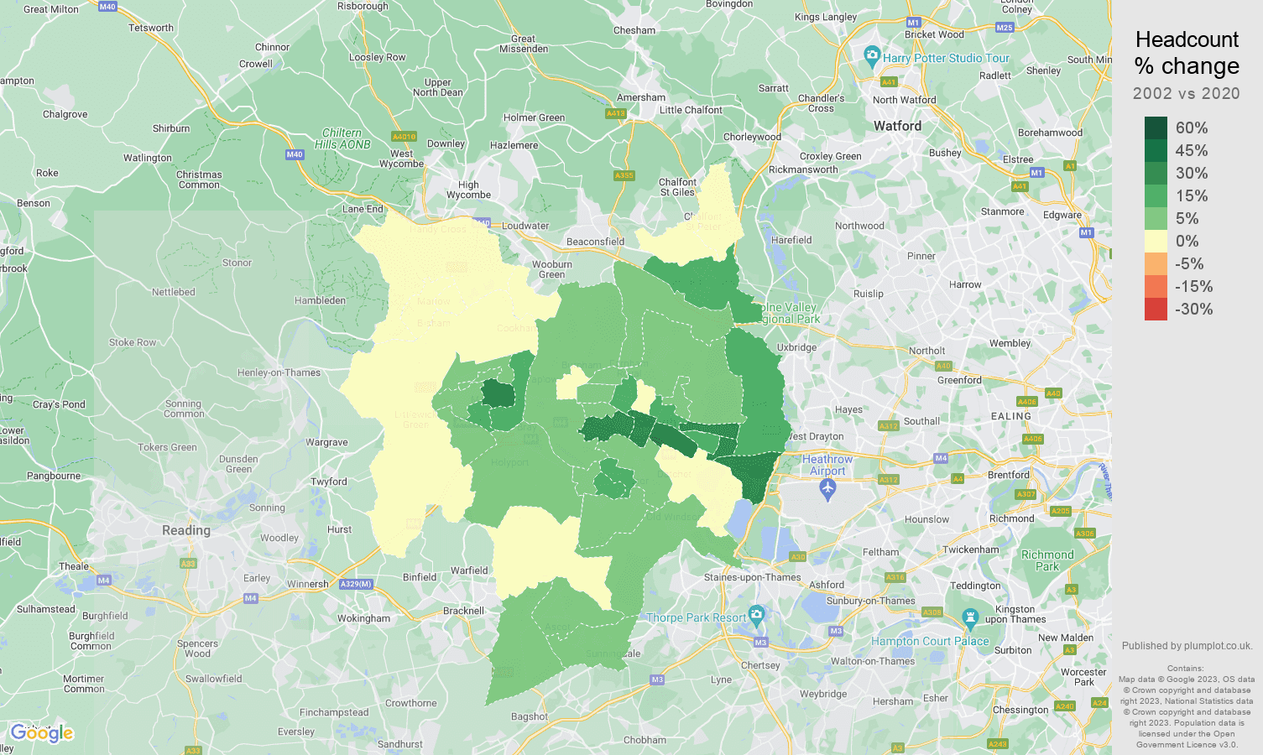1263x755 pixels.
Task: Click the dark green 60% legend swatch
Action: point(1156,128)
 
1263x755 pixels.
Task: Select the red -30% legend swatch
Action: point(1156,309)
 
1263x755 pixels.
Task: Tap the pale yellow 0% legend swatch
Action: point(1156,241)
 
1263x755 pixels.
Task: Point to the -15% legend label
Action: point(1193,286)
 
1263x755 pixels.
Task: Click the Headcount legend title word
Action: point(1187,39)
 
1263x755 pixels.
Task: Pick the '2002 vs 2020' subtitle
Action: point(1186,93)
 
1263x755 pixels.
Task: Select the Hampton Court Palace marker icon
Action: point(970,620)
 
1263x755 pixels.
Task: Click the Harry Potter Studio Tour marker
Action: point(871,57)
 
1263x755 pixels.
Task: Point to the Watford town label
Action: point(897,126)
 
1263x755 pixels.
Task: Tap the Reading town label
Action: point(186,530)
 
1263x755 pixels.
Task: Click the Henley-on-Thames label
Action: point(279,372)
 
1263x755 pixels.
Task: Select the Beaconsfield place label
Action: point(595,242)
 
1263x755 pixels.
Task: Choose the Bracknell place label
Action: point(463,611)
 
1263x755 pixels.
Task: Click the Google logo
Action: point(42,733)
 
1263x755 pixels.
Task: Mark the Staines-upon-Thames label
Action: point(752,577)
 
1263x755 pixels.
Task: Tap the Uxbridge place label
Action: point(796,347)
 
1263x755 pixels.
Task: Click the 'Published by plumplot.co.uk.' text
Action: point(1187,646)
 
